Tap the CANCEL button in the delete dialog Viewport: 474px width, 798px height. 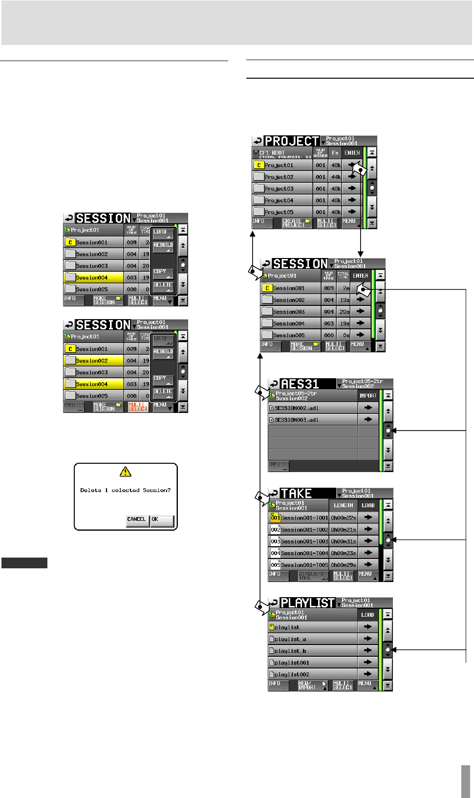pyautogui.click(x=136, y=520)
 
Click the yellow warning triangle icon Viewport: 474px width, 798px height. pyautogui.click(x=126, y=472)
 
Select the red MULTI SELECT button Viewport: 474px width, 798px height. pyautogui.click(x=138, y=407)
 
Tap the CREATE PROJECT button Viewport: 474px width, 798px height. pyautogui.click(x=297, y=223)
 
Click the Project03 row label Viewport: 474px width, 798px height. pyautogui.click(x=279, y=189)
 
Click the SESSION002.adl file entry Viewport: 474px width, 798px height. pyautogui.click(x=297, y=408)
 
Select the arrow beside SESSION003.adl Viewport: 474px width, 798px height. pyautogui.click(x=368, y=420)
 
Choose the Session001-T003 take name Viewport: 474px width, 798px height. pyautogui.click(x=304, y=541)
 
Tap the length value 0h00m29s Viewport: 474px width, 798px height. pyautogui.click(x=344, y=565)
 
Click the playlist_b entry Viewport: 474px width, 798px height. pyautogui.click(x=290, y=651)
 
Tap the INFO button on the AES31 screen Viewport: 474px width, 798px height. pyautogui.click(x=279, y=466)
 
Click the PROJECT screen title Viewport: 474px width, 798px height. pyautogui.click(x=292, y=141)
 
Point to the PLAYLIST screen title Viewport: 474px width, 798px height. pyautogui.click(x=307, y=603)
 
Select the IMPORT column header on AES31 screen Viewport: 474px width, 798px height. pyautogui.click(x=368, y=396)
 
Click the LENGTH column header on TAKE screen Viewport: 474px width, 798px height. pyautogui.click(x=343, y=505)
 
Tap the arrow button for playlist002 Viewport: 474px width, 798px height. pyautogui.click(x=368, y=674)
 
